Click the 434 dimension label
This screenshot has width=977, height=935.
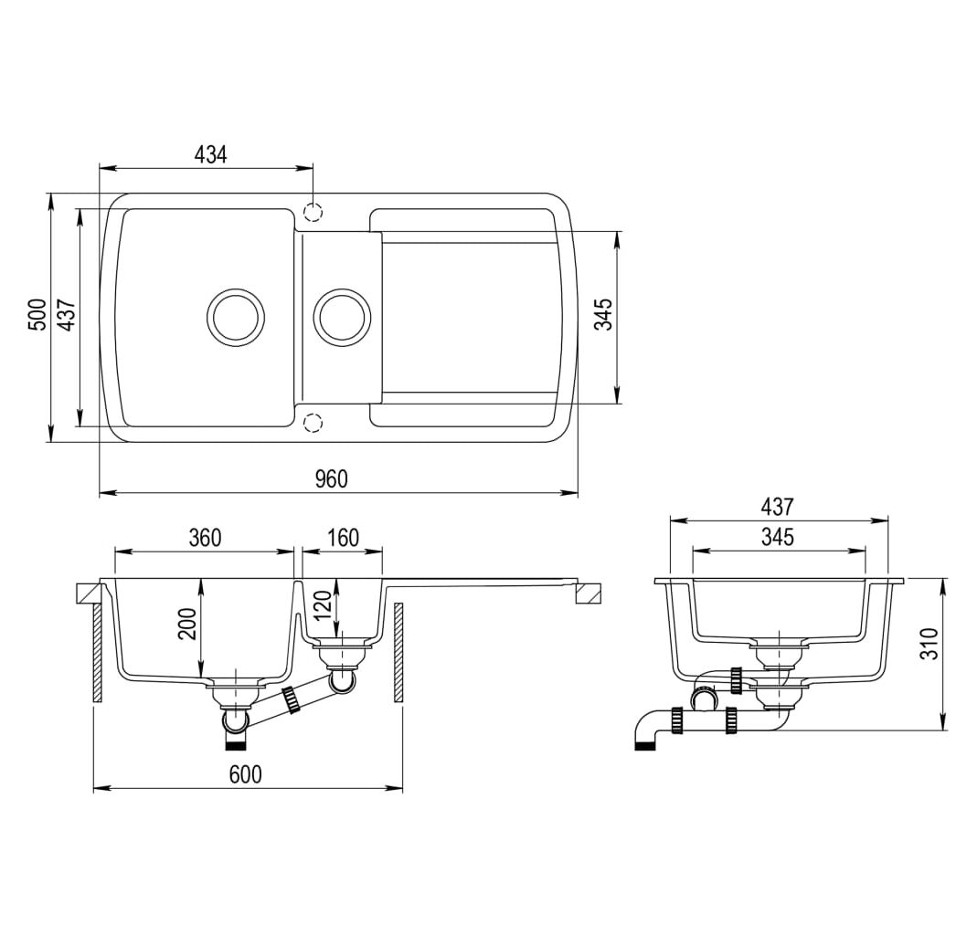[210, 154]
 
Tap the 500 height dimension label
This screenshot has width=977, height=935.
[38, 315]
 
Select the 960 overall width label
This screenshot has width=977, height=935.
[331, 478]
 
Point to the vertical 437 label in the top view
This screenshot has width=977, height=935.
[67, 315]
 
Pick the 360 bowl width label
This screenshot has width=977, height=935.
[205, 538]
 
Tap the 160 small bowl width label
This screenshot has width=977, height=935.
[343, 538]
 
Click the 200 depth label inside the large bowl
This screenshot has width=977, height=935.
[187, 624]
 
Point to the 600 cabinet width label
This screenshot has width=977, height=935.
[246, 774]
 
